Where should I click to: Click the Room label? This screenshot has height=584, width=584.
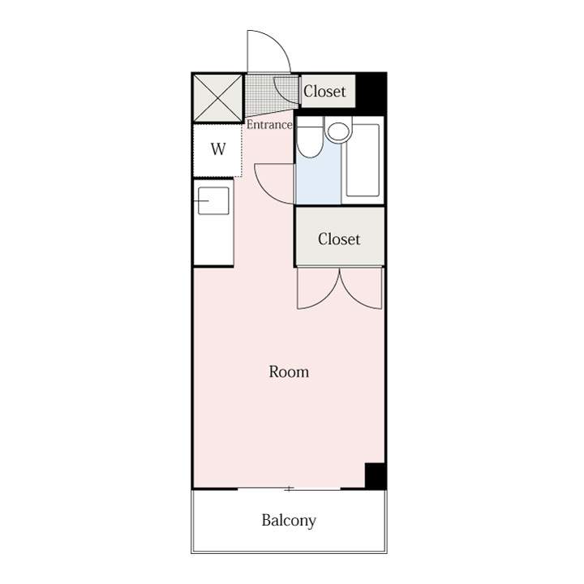289,371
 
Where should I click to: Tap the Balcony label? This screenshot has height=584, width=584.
289,521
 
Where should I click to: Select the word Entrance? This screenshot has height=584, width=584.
269,125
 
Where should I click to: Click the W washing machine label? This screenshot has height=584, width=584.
218,149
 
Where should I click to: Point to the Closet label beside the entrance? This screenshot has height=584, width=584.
324,91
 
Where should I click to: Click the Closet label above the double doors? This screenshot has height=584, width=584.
339,239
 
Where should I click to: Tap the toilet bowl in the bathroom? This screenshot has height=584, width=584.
310,137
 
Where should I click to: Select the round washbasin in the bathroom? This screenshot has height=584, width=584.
338,131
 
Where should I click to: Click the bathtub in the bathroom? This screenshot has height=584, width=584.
363,160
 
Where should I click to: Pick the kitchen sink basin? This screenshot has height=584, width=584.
213,201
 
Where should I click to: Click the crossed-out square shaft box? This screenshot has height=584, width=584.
218,98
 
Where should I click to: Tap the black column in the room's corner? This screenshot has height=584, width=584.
376,475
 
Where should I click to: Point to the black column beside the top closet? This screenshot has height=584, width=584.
371,93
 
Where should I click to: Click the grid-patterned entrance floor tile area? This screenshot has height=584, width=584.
272,94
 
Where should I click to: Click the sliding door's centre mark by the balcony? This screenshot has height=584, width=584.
289,488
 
